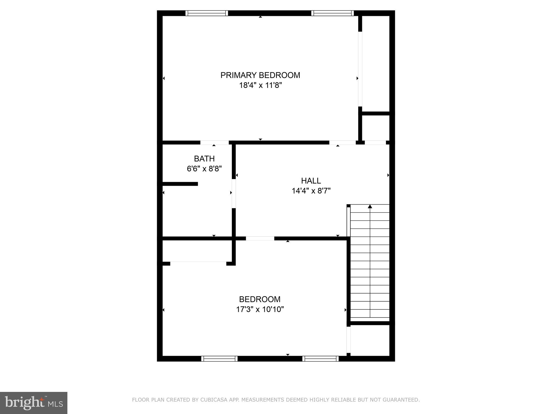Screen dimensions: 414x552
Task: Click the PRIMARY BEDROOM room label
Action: [260, 75]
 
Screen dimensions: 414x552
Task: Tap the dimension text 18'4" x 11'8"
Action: [260, 85]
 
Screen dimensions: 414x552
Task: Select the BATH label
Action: [204, 158]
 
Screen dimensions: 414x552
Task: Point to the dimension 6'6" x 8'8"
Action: [204, 169]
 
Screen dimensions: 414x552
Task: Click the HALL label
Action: [311, 181]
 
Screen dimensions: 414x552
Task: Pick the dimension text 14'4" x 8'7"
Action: [311, 191]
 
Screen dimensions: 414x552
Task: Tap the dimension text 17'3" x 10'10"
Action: [260, 309]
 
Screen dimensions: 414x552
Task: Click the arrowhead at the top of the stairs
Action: [370, 207]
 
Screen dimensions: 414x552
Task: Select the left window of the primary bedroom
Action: [207, 13]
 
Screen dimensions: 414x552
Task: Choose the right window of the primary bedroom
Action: [333, 13]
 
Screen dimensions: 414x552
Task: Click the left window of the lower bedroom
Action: [219, 358]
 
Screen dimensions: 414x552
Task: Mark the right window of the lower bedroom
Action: [320, 358]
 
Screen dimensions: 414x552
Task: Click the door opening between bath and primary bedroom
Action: [214, 143]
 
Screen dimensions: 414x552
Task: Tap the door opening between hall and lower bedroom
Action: [260, 238]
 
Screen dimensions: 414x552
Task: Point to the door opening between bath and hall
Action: [234, 194]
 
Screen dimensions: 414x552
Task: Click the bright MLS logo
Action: [34, 403]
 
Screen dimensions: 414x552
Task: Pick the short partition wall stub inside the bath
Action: [180, 184]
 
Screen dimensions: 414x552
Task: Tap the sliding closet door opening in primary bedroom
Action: [360, 69]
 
